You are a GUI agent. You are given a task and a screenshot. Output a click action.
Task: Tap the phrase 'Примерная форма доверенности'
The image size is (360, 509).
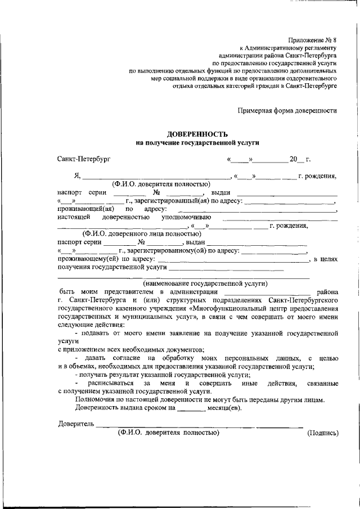point(287,111)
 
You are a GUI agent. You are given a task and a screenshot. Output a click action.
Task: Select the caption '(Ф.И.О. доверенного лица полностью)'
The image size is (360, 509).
point(141,233)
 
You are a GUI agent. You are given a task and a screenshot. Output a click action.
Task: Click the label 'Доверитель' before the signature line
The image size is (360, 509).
point(76,424)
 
